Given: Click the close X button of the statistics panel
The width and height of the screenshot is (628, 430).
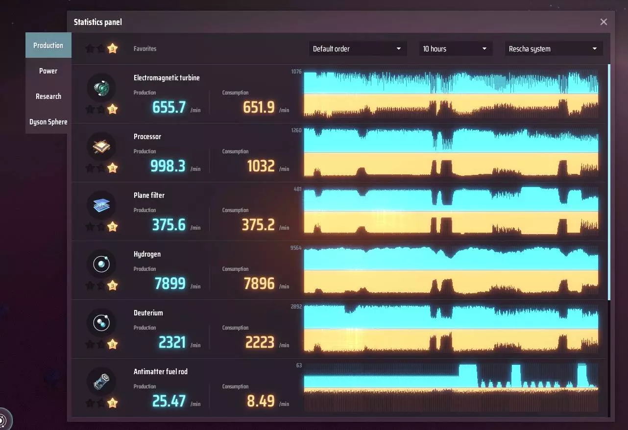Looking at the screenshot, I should [604, 22].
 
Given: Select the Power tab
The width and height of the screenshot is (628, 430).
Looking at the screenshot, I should [48, 71].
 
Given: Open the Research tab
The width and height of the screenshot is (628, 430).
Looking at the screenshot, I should [48, 96].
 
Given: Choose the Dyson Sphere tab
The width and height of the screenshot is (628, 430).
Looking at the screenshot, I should [48, 122].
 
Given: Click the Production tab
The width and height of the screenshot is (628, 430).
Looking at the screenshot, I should [48, 46].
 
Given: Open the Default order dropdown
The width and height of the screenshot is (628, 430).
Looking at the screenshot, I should [357, 49].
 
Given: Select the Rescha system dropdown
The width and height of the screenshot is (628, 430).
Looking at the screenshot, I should [554, 49].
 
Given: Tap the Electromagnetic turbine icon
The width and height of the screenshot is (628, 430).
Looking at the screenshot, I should [101, 88].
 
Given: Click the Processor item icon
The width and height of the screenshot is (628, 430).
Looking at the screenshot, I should [101, 146].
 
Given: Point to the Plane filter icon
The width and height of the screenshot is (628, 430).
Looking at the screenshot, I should [101, 205].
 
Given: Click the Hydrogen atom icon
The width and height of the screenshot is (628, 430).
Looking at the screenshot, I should [101, 264].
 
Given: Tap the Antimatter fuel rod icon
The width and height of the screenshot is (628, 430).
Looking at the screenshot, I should [101, 382].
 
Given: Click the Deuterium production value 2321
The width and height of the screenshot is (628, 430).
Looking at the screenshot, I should [172, 342].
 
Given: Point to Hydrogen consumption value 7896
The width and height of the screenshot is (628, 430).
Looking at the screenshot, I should [259, 284].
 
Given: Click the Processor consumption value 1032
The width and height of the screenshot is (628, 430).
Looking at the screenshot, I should [261, 166].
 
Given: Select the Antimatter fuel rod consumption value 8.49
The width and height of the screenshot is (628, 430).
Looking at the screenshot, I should [261, 401].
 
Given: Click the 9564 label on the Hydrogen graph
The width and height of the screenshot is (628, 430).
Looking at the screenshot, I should [296, 248].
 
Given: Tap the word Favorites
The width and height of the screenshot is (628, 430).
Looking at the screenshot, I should [145, 49].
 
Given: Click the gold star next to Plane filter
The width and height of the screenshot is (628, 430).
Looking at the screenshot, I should [113, 226].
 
